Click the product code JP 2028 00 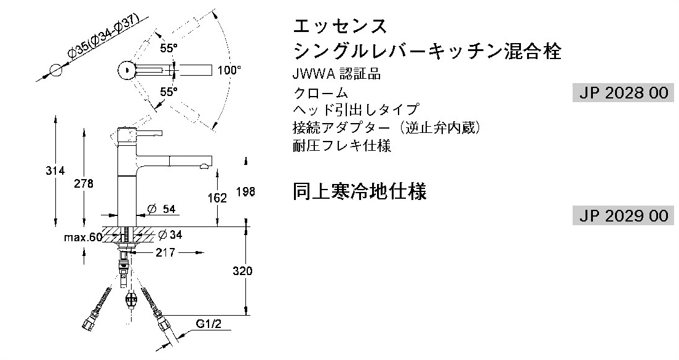[624, 93]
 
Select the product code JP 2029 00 [624, 215]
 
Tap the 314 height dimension [55, 170]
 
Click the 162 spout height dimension [217, 198]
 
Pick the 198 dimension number [245, 191]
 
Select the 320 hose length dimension [242, 271]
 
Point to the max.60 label [83, 238]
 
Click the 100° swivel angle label [229, 70]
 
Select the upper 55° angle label [169, 49]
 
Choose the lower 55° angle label [169, 92]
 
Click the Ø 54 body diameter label [161, 209]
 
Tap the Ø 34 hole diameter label [170, 235]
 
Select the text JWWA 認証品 [336, 74]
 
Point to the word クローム [321, 93]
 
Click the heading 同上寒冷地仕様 [359, 191]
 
